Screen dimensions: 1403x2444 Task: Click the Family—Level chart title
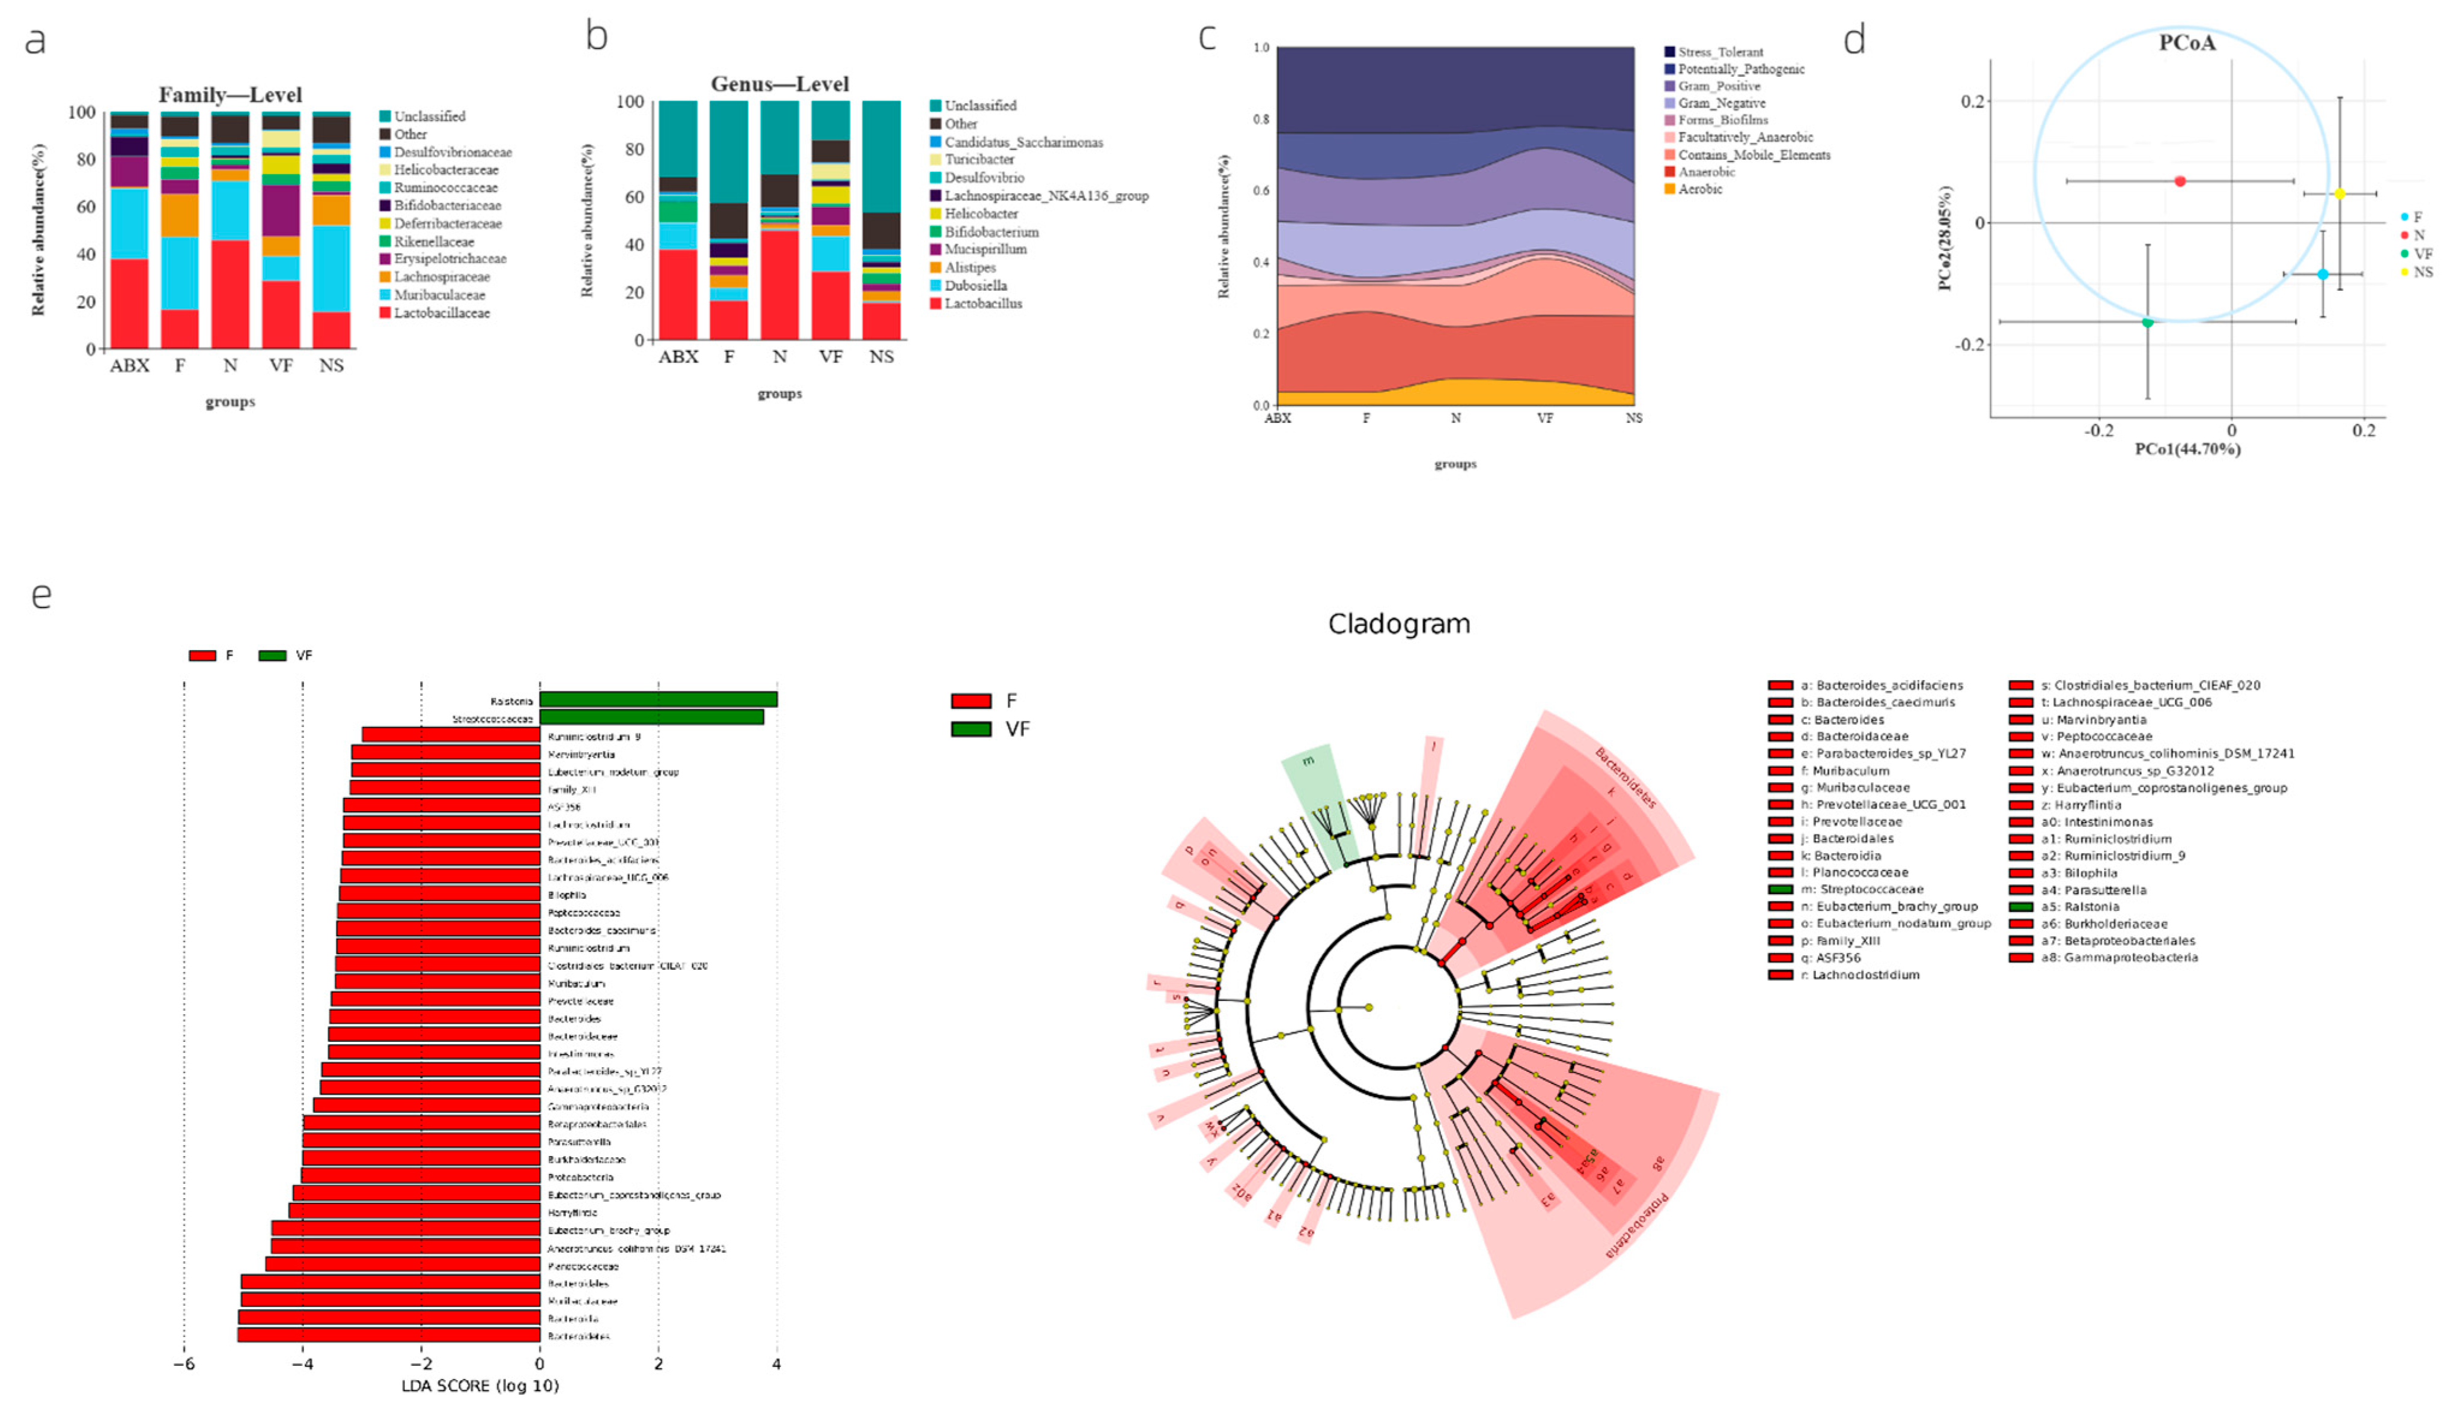[230, 94]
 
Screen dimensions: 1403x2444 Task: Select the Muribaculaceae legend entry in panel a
[439, 295]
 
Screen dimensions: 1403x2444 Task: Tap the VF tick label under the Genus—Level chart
[830, 356]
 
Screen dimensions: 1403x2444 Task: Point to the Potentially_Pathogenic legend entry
[1740, 69]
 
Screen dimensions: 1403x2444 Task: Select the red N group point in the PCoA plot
[2180, 181]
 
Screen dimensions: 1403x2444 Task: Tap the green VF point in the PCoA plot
[2147, 322]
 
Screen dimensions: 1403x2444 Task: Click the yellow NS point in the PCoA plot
[2339, 193]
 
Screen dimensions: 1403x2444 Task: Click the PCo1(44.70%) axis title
[2187, 449]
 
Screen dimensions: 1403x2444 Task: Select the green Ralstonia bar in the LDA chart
[657, 699]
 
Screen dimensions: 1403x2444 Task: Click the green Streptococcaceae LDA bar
[651, 717]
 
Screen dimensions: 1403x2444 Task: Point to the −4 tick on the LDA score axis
[303, 1365]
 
